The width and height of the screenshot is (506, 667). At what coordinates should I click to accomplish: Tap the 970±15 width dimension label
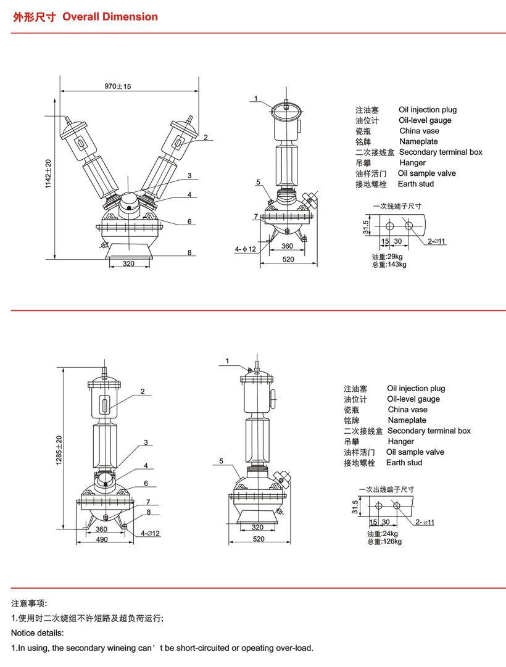(118, 87)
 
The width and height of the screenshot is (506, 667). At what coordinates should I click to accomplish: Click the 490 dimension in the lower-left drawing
(102, 539)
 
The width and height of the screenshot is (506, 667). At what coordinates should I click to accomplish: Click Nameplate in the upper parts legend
(418, 142)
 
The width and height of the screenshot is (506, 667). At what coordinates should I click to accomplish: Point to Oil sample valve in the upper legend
(427, 173)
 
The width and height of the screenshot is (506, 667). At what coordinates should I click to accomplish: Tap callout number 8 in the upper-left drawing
(190, 252)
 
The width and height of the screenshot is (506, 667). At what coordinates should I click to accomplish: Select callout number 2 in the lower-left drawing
(142, 391)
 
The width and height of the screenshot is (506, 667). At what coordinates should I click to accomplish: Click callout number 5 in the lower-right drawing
(220, 461)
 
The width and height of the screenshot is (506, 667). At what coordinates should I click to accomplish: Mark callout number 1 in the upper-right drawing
(255, 99)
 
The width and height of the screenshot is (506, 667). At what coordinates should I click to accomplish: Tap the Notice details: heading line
(37, 633)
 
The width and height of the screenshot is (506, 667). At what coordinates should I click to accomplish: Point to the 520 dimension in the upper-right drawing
(288, 259)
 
